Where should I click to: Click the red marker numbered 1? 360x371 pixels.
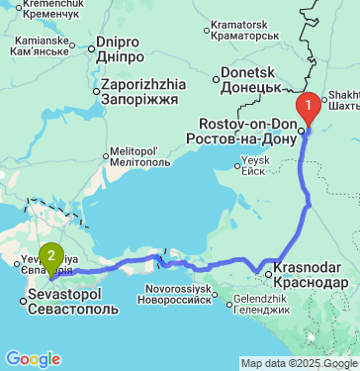pos(310,103)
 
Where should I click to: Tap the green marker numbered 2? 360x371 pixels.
pos(51,252)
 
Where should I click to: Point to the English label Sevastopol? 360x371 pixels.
pos(61,295)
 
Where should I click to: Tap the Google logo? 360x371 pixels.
pos(32,358)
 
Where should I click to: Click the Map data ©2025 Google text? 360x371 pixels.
pos(299,364)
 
